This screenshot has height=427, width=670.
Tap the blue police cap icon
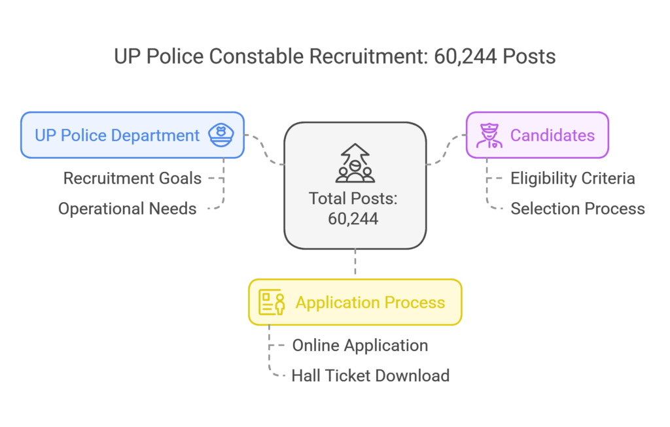221,135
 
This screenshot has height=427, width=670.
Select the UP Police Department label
117,135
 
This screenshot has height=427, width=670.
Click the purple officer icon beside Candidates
489,135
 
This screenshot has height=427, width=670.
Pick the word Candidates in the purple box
552,135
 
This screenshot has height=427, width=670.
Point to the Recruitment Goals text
132,179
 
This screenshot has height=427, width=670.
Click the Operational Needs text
128,209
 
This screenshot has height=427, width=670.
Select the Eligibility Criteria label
573,179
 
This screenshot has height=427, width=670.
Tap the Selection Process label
578,209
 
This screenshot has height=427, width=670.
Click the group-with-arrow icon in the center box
355,163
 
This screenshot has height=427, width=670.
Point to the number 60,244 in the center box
353,218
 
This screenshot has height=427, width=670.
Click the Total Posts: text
353,199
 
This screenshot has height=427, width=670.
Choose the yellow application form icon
272,302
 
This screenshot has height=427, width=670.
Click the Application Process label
370,302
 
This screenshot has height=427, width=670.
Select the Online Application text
361,345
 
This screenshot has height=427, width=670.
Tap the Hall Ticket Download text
370,376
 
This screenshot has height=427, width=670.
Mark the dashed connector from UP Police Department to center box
264,150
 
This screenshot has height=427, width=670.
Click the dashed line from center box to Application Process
355,262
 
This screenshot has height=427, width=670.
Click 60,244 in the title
465,57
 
